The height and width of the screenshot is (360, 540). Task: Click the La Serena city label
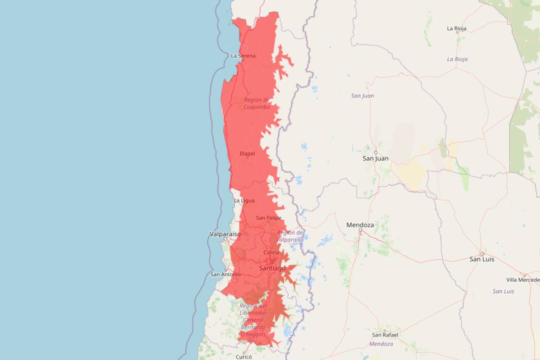tap(243, 56)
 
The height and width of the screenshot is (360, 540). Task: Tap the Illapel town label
tap(247, 153)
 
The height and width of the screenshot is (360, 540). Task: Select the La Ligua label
tap(244, 200)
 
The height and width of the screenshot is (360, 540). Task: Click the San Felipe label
tap(269, 218)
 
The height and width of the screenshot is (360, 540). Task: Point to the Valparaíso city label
tap(225, 234)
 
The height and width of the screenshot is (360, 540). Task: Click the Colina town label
tap(271, 252)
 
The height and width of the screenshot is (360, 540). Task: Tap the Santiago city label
tap(272, 268)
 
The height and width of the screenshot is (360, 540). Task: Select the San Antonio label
tap(225, 274)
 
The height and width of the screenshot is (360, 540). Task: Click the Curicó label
tap(243, 356)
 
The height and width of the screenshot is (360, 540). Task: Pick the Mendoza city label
tap(360, 225)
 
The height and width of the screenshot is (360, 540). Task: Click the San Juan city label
tap(375, 158)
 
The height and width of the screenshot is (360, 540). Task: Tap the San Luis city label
tap(482, 259)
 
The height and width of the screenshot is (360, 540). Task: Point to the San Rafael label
tap(385, 335)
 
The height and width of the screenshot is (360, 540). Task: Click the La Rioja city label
tap(457, 28)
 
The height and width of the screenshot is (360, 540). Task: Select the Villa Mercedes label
tap(523, 280)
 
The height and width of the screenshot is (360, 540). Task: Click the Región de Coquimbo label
tap(256, 103)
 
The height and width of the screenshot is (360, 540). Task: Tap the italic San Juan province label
tap(362, 96)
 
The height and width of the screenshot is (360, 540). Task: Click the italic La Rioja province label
tap(457, 59)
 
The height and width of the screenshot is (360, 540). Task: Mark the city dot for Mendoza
tap(360, 230)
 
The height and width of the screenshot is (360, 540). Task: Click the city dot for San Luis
tap(481, 253)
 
